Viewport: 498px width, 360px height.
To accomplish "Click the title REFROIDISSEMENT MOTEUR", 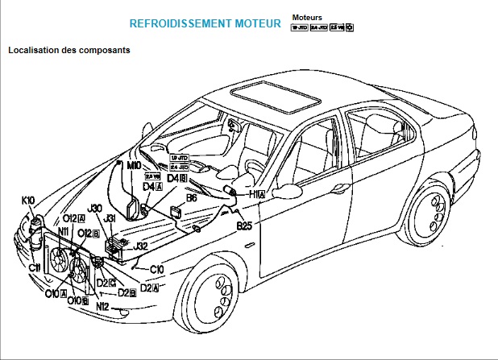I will click(205, 25).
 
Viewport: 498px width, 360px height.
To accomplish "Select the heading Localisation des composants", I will click(69, 50).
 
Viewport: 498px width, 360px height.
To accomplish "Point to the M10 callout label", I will click(135, 164).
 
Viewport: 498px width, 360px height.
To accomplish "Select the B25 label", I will click(244, 226).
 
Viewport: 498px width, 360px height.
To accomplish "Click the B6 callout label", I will click(192, 197).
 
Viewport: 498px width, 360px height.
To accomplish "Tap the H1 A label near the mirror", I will click(257, 194).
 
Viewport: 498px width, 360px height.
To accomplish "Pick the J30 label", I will click(95, 208).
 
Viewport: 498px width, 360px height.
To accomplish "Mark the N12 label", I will click(102, 306).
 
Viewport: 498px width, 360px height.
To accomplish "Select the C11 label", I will click(35, 267).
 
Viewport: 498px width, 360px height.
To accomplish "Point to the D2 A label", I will click(149, 288).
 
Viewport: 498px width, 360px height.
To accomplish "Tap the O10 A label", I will click(55, 294).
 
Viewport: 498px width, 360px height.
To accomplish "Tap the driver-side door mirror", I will click(286, 191).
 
